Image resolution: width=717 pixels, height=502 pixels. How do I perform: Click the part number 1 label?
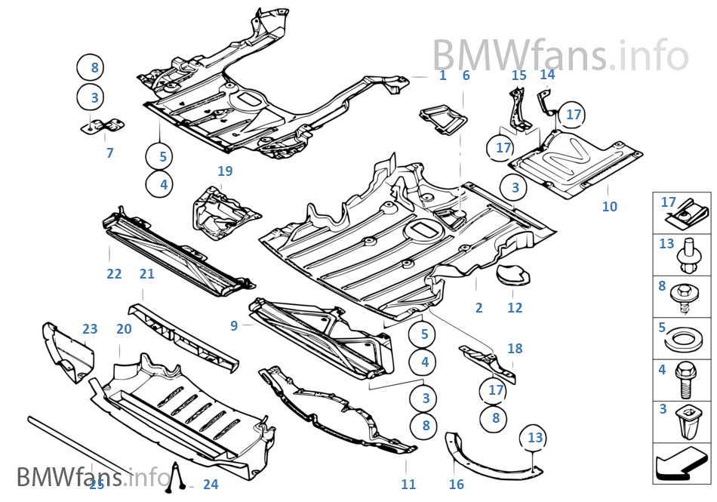coord(442,75)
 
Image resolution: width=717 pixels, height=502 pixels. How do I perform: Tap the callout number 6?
coord(466,75)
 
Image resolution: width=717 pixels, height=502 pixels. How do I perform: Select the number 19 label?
coord(225,171)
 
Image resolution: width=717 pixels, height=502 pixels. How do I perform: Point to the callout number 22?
coord(114,274)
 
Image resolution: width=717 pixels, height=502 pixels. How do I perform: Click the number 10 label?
coord(610,206)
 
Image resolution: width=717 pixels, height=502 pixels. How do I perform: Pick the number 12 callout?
coord(515,307)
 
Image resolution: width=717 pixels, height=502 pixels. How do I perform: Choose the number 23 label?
coord(90,328)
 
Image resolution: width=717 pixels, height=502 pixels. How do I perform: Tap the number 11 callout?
coord(408,484)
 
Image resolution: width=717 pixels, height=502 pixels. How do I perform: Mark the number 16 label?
coord(456,484)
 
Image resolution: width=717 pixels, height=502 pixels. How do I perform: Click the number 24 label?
coord(210,484)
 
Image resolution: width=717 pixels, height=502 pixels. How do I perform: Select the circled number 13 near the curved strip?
coord(535,438)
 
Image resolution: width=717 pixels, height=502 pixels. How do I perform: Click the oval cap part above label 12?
coord(513,274)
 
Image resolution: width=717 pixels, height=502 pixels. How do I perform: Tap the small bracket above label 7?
coord(103,125)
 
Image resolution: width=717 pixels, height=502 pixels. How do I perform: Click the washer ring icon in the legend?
coord(682,339)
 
